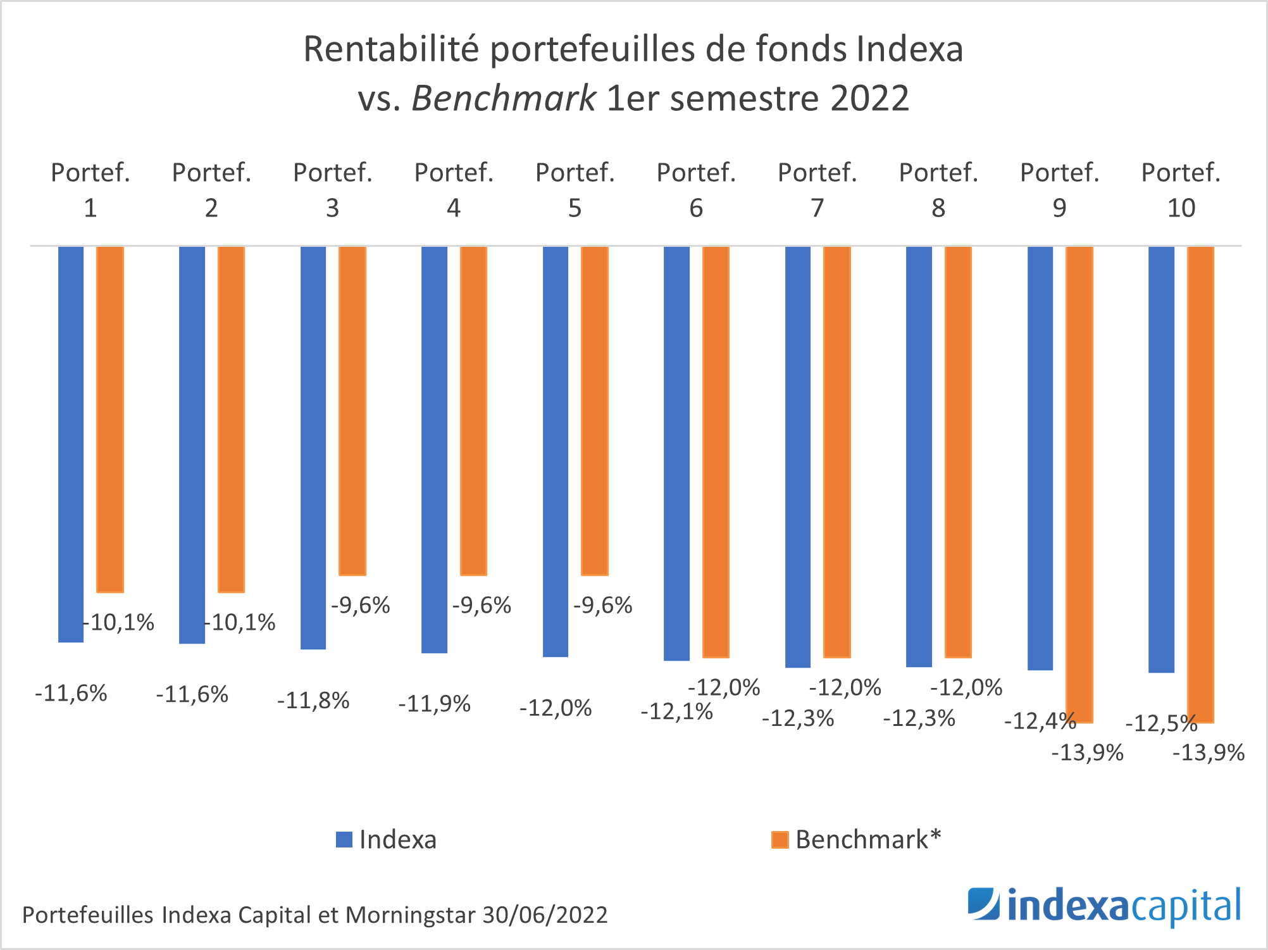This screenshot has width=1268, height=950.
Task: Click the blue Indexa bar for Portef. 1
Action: click(x=71, y=443)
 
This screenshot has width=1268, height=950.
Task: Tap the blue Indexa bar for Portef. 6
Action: click(x=676, y=453)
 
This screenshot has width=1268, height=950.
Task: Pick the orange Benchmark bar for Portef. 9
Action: click(x=1079, y=484)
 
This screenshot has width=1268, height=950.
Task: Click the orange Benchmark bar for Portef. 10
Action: click(x=1200, y=484)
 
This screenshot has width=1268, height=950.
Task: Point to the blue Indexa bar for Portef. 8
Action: click(x=919, y=456)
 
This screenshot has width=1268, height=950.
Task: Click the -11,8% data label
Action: click(x=313, y=701)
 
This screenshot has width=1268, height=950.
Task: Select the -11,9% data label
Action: click(x=434, y=704)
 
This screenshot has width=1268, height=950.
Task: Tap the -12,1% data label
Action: click(x=676, y=712)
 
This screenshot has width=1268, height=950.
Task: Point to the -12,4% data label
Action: click(x=1040, y=721)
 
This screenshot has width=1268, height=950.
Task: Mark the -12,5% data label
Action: click(x=1161, y=723)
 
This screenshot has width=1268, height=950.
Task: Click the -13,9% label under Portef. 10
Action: click(x=1209, y=753)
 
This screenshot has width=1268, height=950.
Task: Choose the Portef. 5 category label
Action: click(x=575, y=190)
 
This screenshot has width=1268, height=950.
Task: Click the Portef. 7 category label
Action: click(x=817, y=190)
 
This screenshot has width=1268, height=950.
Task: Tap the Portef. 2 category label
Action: click(x=211, y=190)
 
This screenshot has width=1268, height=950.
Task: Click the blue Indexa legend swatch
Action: click(x=344, y=840)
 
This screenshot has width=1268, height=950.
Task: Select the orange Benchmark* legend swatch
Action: click(x=780, y=840)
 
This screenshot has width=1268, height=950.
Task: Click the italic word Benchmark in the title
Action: click(x=503, y=98)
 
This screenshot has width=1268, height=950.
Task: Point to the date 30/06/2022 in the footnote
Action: click(x=545, y=915)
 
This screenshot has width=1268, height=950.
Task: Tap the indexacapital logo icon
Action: click(x=983, y=904)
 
